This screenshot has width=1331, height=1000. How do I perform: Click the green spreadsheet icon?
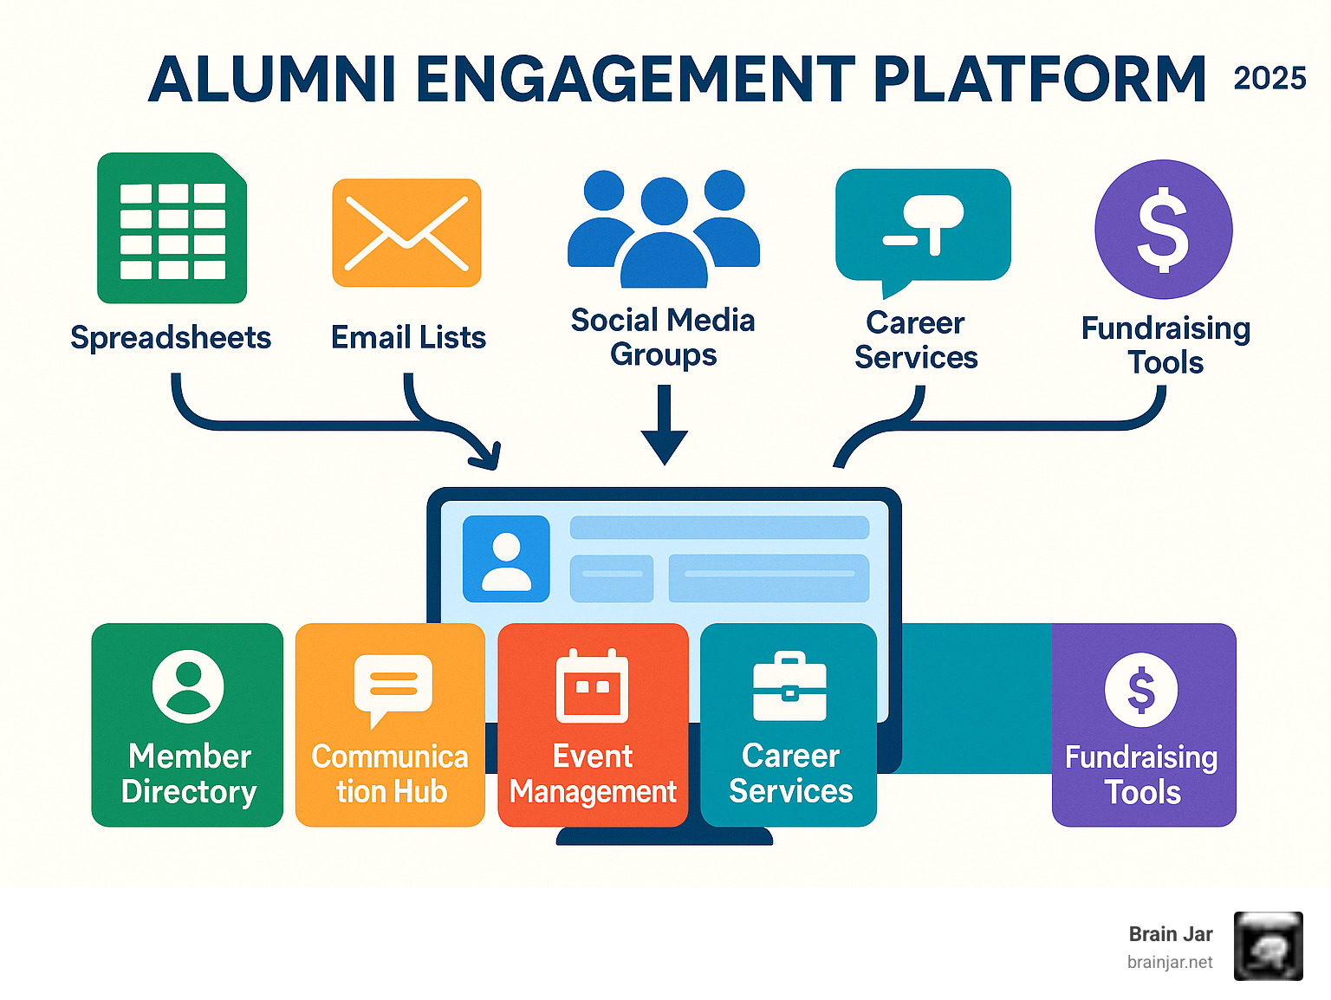[x=172, y=229]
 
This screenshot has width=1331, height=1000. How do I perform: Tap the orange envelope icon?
[x=406, y=233]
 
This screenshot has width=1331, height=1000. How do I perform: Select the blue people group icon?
[x=664, y=229]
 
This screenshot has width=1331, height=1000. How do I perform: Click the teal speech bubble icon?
[x=923, y=227]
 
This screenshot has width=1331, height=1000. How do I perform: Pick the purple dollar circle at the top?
[x=1163, y=229]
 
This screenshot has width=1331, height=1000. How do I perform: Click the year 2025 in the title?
[x=1269, y=79]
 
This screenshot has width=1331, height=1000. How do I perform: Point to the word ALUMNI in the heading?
[x=273, y=80]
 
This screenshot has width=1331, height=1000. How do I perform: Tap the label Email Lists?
[x=408, y=337]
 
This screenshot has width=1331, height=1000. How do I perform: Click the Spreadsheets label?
[x=171, y=337]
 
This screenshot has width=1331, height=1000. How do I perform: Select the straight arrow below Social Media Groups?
[x=665, y=425]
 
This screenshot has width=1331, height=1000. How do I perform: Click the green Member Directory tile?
[x=187, y=724]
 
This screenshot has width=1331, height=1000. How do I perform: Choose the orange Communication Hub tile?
[x=390, y=724]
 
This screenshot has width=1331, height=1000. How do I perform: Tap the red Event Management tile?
[x=593, y=724]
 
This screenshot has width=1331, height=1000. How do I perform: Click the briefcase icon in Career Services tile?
[x=789, y=687]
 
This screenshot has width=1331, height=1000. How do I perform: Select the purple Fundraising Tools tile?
[x=1143, y=724]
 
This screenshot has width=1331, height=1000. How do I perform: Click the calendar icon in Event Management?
[x=593, y=686]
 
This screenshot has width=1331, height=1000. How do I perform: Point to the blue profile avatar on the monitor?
[x=506, y=559]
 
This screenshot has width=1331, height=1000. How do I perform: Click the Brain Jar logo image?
[x=1268, y=946]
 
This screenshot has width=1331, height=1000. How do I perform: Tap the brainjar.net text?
[x=1170, y=963]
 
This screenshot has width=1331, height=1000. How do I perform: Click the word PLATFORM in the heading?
[x=1039, y=80]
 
